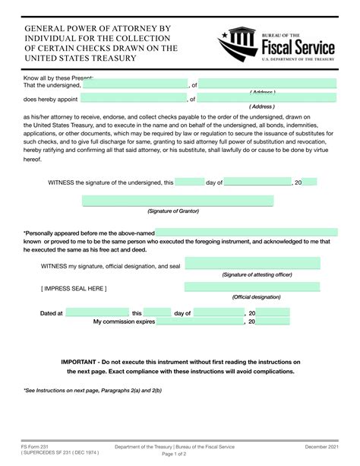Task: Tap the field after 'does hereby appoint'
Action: point(134,99)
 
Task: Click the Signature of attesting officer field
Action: point(252,264)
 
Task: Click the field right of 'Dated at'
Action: point(96,312)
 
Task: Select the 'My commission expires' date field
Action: point(200,322)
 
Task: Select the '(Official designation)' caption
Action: point(256,297)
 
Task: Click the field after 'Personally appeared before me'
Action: point(243,232)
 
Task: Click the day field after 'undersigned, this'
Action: point(190,182)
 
